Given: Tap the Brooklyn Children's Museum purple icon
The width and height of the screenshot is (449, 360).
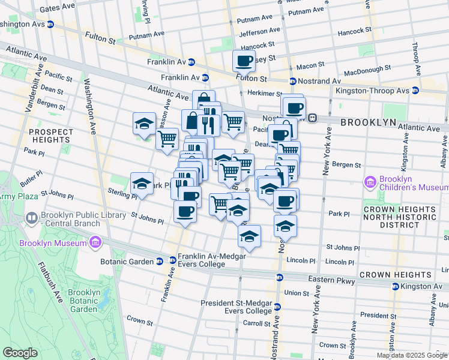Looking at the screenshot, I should (x=369, y=182).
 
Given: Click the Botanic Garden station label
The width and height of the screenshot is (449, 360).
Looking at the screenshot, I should (x=127, y=261).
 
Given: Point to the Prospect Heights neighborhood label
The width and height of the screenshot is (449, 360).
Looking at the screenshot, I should (x=50, y=136).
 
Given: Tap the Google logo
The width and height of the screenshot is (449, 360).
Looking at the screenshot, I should (x=20, y=353).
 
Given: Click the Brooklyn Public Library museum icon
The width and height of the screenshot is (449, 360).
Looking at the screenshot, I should (x=31, y=217).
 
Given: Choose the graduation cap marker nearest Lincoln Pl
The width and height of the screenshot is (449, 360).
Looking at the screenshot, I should (x=249, y=238).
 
